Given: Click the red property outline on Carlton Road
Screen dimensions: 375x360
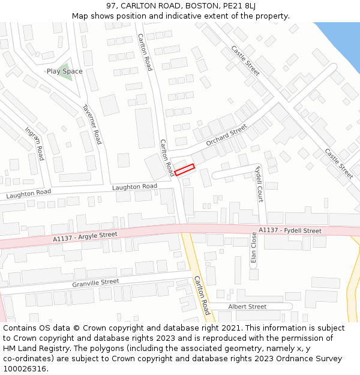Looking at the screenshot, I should tap(185, 170).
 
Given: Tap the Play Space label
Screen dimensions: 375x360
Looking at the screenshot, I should tap(65, 71).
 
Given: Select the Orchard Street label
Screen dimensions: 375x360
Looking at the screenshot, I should tap(226, 136).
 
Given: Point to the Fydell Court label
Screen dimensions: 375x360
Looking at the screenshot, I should tap(259, 184).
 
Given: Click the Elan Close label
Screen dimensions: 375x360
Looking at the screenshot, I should tap(254, 248).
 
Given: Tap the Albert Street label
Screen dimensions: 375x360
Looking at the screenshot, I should tap(247, 307).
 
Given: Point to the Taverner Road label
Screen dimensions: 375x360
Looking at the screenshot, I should tap(92, 125).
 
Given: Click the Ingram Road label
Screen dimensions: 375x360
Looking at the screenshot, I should tap(34, 143).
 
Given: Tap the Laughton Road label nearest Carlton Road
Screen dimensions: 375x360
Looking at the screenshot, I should tap(134, 187).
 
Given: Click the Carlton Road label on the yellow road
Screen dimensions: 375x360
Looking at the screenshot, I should tap(202, 295).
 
